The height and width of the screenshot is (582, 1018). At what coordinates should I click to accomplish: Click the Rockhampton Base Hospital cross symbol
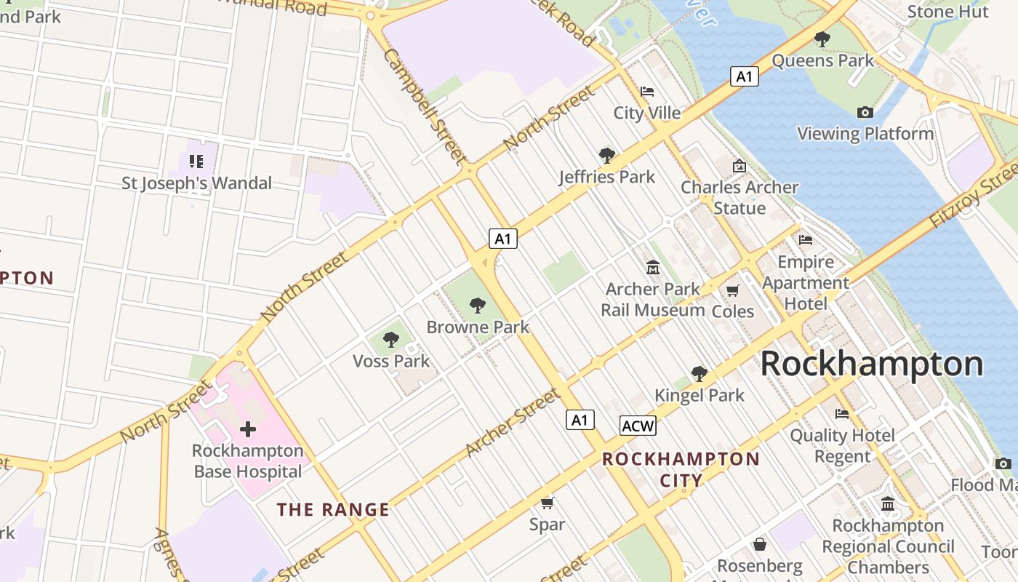coord(248,429)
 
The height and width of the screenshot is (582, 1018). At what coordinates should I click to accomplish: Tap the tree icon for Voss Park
coord(391,339)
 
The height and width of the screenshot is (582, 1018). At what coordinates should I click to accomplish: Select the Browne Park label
coord(478,327)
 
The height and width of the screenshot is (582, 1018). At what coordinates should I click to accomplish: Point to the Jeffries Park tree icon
coord(606,155)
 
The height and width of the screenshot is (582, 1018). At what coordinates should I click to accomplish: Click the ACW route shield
coord(638,426)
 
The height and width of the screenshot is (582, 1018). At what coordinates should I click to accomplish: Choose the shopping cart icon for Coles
coord(733,290)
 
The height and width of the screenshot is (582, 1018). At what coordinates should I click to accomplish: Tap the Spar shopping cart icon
coord(548,503)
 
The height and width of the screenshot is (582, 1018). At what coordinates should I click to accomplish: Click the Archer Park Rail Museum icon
coord(653,268)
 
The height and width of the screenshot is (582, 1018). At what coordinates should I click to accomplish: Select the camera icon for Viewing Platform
coord(865,112)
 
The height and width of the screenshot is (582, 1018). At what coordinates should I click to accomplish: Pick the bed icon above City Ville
coord(647,92)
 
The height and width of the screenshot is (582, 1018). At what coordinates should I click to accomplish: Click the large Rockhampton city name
coord(871,364)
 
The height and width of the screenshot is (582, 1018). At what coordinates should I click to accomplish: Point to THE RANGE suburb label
coord(333,510)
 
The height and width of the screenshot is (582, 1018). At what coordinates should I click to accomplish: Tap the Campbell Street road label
coord(425,106)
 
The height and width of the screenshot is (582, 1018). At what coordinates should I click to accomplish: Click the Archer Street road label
coord(513,423)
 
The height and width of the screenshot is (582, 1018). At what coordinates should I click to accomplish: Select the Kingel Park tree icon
coord(700,374)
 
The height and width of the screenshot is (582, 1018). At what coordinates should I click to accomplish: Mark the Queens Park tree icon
coord(822,39)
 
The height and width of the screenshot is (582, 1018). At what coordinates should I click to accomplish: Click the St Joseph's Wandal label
coord(196,183)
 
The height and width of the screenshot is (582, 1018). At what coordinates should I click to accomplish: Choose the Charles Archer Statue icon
coord(740,166)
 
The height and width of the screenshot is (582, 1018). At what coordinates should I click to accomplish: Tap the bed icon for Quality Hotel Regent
coord(842,414)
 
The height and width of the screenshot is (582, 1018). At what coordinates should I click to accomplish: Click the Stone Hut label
coord(948,12)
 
